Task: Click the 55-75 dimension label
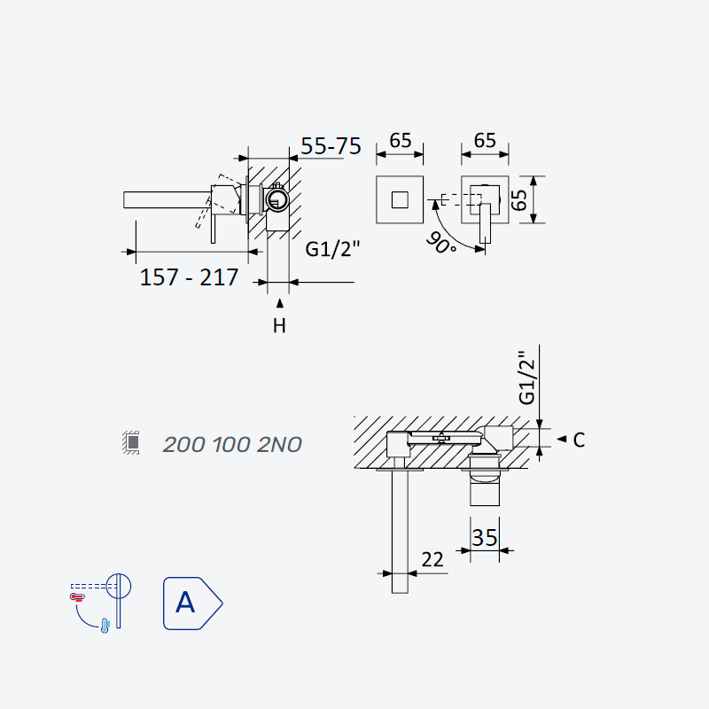pyautogui.click(x=331, y=145)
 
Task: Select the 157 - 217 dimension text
pyautogui.click(x=189, y=277)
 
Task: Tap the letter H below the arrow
pyautogui.click(x=279, y=325)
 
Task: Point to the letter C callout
pyautogui.click(x=579, y=440)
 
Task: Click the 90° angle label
pyautogui.click(x=440, y=242)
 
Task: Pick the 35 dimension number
pyautogui.click(x=484, y=538)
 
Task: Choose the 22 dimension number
pyautogui.click(x=432, y=560)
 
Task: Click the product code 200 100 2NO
pyautogui.click(x=232, y=445)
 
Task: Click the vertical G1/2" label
pyautogui.click(x=527, y=378)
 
